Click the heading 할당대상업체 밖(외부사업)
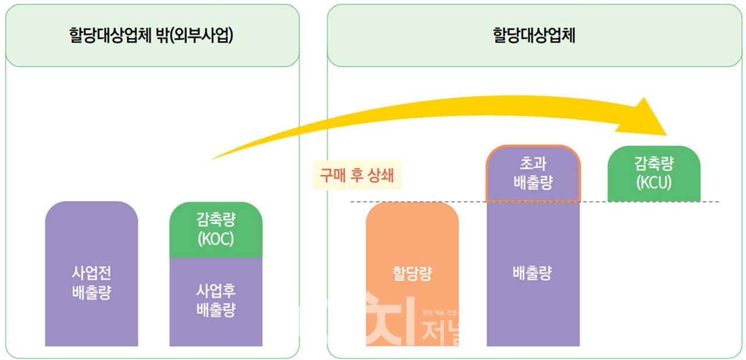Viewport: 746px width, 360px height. tap(152, 37)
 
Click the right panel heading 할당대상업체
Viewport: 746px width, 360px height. tap(534, 37)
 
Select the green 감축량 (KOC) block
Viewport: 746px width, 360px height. tap(216, 230)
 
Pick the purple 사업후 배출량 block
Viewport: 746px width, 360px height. tap(216, 302)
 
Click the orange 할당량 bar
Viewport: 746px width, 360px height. tap(412, 274)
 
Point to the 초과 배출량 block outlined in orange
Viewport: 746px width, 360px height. tap(533, 174)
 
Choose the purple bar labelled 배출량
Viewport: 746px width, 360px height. tap(533, 274)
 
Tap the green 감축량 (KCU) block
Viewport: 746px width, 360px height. tap(653, 174)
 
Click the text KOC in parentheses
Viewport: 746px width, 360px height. tap(216, 239)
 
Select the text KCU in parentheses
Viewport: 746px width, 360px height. tap(654, 182)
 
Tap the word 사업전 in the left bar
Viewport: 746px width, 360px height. tap(92, 272)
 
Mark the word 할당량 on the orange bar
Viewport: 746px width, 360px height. tap(412, 274)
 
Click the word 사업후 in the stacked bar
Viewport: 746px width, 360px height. tap(216, 291)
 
